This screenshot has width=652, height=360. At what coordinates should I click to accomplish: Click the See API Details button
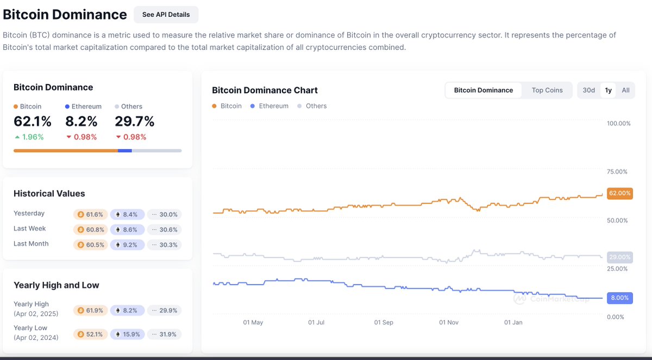click(x=166, y=15)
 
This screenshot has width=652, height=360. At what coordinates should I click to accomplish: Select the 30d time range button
click(x=588, y=90)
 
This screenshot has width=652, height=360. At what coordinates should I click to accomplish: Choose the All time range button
click(x=625, y=90)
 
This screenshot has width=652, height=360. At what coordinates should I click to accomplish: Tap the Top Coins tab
click(x=547, y=90)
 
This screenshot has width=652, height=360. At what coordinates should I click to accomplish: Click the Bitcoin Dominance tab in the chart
click(x=483, y=90)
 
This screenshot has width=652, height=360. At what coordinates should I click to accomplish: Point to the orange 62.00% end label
click(x=619, y=193)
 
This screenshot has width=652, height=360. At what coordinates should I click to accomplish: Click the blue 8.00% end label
click(x=619, y=298)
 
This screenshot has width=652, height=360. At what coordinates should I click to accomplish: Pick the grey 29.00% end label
click(x=619, y=257)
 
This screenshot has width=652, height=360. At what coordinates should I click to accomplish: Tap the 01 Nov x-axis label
click(x=449, y=323)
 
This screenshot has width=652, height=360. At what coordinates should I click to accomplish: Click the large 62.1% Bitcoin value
click(x=33, y=121)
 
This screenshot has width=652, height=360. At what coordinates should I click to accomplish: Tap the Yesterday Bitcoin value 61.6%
click(x=91, y=214)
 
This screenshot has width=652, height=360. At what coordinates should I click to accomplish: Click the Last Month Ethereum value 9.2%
click(x=128, y=245)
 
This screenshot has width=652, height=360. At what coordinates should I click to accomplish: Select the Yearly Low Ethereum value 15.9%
click(x=128, y=334)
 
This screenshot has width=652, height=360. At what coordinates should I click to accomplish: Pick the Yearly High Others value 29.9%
click(x=164, y=311)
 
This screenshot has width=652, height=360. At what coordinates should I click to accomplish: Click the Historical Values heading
click(x=49, y=193)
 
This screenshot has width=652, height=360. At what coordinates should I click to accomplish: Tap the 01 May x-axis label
click(x=253, y=323)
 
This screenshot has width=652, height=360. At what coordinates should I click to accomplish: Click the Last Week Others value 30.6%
click(x=164, y=230)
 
